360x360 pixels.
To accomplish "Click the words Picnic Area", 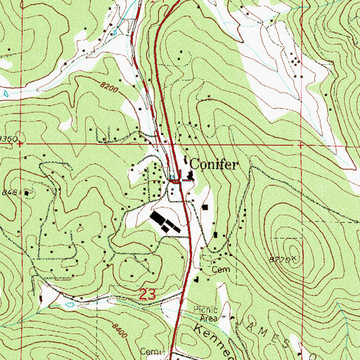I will pyautogui.click(x=207, y=314).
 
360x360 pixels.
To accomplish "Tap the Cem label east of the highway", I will pyautogui.click(x=224, y=269).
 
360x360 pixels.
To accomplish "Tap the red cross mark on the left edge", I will pyautogui.click(x=20, y=143).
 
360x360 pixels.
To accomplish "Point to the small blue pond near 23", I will pyautogui.click(x=70, y=306).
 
